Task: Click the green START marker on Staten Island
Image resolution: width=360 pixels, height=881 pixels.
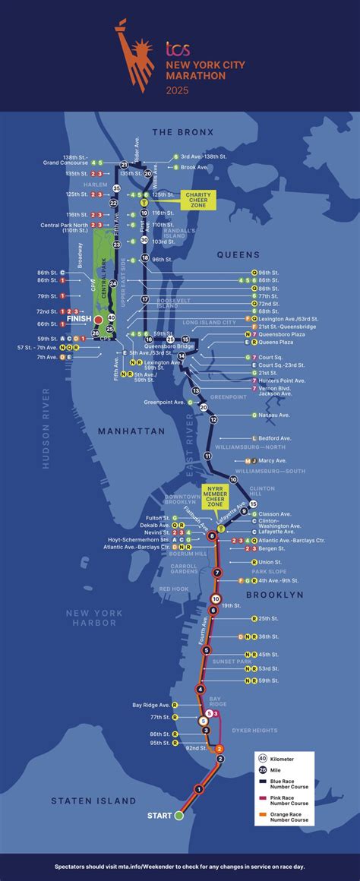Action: [x=179, y=816]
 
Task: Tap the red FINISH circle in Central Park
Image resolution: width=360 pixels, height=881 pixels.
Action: [x=97, y=321]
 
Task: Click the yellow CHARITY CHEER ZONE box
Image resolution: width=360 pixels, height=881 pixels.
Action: [x=198, y=200]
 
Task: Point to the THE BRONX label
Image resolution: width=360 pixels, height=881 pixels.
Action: [x=183, y=132]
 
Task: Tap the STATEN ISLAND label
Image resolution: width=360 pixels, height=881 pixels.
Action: [x=94, y=800]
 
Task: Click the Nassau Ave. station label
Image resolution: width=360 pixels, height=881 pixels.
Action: [x=274, y=415]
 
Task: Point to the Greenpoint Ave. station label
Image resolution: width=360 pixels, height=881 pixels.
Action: [x=164, y=402]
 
